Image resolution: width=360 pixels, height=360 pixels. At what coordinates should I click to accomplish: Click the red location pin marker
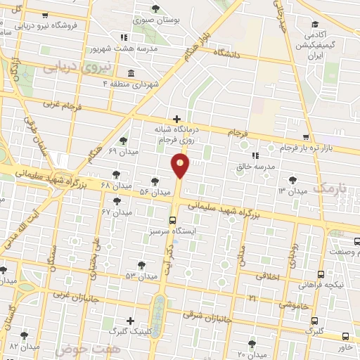coord(181,166)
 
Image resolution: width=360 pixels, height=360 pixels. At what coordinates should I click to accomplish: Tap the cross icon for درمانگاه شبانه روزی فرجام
coord(176,119)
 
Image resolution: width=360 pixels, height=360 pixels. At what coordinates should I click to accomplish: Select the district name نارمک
coord(330,186)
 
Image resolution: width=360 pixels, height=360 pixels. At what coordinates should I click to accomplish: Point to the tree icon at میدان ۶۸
coord(115,174)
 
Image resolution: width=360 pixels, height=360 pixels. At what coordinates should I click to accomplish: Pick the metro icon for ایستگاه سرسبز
coord(173,219)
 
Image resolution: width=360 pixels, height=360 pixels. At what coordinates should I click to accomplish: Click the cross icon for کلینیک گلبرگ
coord(129,321)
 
